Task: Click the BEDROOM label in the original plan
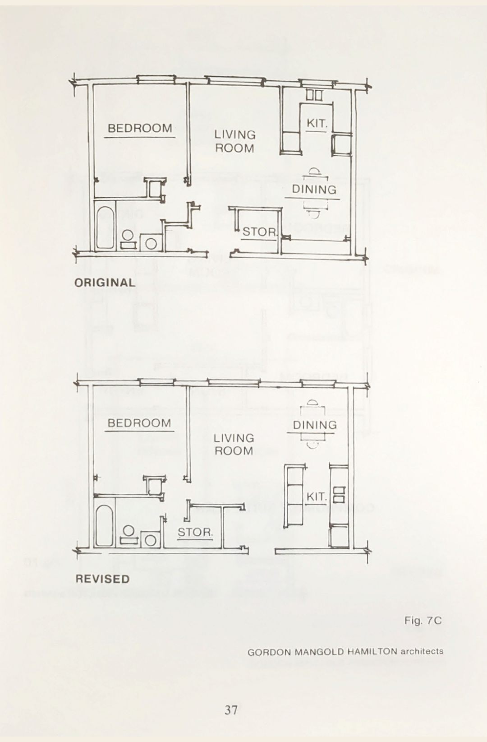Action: point(140,128)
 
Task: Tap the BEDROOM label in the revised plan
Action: point(139,423)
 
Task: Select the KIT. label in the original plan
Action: point(317,123)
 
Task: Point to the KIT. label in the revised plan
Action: point(316,496)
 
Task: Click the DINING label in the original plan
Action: point(314,189)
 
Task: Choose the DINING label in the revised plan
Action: point(315,425)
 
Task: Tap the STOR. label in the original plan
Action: point(259,232)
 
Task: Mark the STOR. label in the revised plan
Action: point(195,532)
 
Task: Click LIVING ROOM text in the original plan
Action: point(235,141)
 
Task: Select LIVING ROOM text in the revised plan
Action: point(234,444)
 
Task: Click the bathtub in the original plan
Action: point(105,227)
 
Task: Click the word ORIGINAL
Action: point(105,283)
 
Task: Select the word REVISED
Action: point(102,579)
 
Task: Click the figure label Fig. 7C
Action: point(423,621)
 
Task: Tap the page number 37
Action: point(231,710)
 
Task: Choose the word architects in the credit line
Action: point(422,651)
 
